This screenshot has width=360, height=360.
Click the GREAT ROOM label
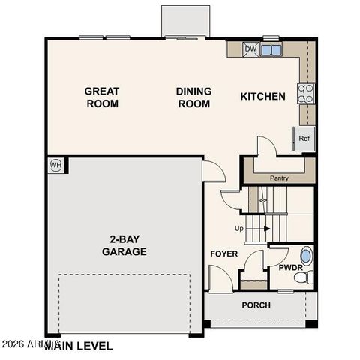tap(101, 97)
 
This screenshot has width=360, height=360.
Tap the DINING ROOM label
tap(193, 97)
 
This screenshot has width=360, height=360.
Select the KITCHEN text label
tap(262, 96)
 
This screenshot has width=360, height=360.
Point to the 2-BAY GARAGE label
tap(124, 246)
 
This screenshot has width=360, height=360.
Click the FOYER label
tap(223, 254)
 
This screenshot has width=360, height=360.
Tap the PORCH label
tap(256, 305)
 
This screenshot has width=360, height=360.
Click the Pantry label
tap(279, 178)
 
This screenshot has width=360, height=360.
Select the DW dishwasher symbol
tap(250, 50)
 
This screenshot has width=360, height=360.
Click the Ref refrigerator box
tap(304, 139)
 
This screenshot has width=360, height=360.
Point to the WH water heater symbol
tap(55, 165)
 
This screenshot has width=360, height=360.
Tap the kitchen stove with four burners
tap(306, 93)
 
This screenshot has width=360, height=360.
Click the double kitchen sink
tap(271, 50)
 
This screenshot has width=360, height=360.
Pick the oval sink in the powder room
tap(305, 254)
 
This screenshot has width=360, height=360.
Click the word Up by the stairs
tap(239, 228)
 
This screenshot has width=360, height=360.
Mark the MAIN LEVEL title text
tap(78, 346)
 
